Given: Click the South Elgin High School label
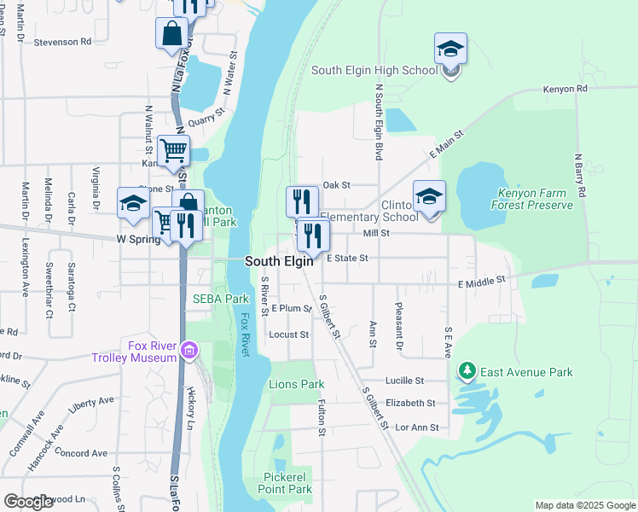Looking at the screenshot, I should coord(374,71).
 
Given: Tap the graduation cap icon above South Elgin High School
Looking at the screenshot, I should coord(450,49).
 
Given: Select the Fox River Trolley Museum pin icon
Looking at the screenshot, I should coord(189,351).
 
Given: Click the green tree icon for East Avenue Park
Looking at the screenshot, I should coord(467,371).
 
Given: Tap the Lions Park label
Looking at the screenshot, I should coord(297,385).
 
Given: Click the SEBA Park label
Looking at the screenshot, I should coord(220,299).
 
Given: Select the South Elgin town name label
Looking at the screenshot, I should coord(279,262).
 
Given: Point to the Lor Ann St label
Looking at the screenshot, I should coord(412,428).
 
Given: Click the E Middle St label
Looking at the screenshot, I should coord(482,280).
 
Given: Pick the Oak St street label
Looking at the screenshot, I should coord(337,184).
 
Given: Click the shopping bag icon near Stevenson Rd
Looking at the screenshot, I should coord(171,34).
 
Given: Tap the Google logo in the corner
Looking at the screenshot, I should coord(28,502).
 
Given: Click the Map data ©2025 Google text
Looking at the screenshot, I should coord(584,505).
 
